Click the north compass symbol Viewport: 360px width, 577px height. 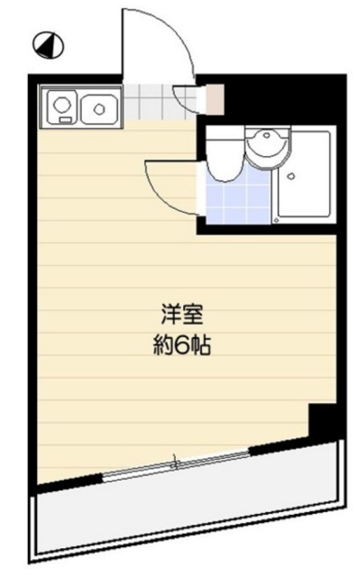pyautogui.click(x=42, y=41)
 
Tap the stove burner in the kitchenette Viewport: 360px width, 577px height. pyautogui.click(x=62, y=107)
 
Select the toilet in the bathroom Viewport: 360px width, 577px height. pyautogui.click(x=225, y=151)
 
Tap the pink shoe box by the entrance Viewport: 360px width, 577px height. pyautogui.click(x=214, y=98)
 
